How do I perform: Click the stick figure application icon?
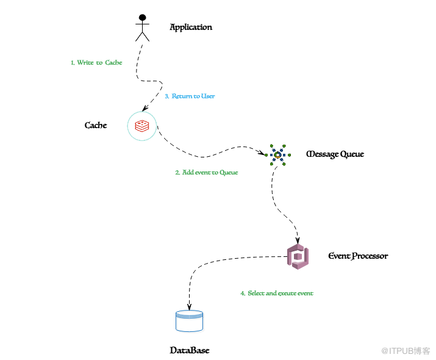[x=142, y=28]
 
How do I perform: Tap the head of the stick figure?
[x=142, y=18]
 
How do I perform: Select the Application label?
[x=191, y=27]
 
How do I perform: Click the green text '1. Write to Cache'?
[x=96, y=62]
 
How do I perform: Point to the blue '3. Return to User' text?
[x=190, y=96]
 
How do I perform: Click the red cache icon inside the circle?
[x=142, y=126]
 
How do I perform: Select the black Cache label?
[x=96, y=125]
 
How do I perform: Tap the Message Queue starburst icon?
[x=277, y=155]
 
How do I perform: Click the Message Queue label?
[x=335, y=154]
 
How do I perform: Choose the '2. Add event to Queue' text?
[x=207, y=173]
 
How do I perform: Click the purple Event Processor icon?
[x=298, y=257]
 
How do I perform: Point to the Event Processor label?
[x=358, y=256]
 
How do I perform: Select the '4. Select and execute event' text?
[x=277, y=293]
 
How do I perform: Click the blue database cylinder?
[x=190, y=321]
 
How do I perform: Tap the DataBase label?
[x=190, y=350]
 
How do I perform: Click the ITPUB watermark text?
[x=406, y=351]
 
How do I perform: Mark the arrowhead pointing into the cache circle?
[x=145, y=108]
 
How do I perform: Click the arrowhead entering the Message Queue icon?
[x=261, y=153]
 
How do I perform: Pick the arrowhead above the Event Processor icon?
[x=298, y=240]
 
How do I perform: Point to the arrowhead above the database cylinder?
[x=190, y=306]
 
